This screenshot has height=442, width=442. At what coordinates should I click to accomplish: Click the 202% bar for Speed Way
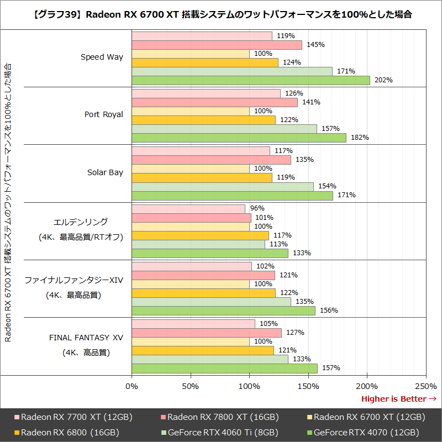point(251,80)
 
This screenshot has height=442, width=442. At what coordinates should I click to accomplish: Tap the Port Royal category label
point(104,114)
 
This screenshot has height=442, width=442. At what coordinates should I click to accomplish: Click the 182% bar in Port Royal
point(239,138)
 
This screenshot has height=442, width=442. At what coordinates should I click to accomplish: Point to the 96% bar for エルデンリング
point(188,209)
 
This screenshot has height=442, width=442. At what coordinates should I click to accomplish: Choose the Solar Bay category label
point(105,172)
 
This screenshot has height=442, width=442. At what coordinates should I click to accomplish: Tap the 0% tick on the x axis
point(132,386)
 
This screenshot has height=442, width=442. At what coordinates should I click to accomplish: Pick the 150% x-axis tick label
point(308,386)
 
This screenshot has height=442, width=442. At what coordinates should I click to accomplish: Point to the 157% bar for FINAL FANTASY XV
point(224,368)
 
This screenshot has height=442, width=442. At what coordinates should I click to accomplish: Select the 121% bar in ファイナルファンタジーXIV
point(203,275)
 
